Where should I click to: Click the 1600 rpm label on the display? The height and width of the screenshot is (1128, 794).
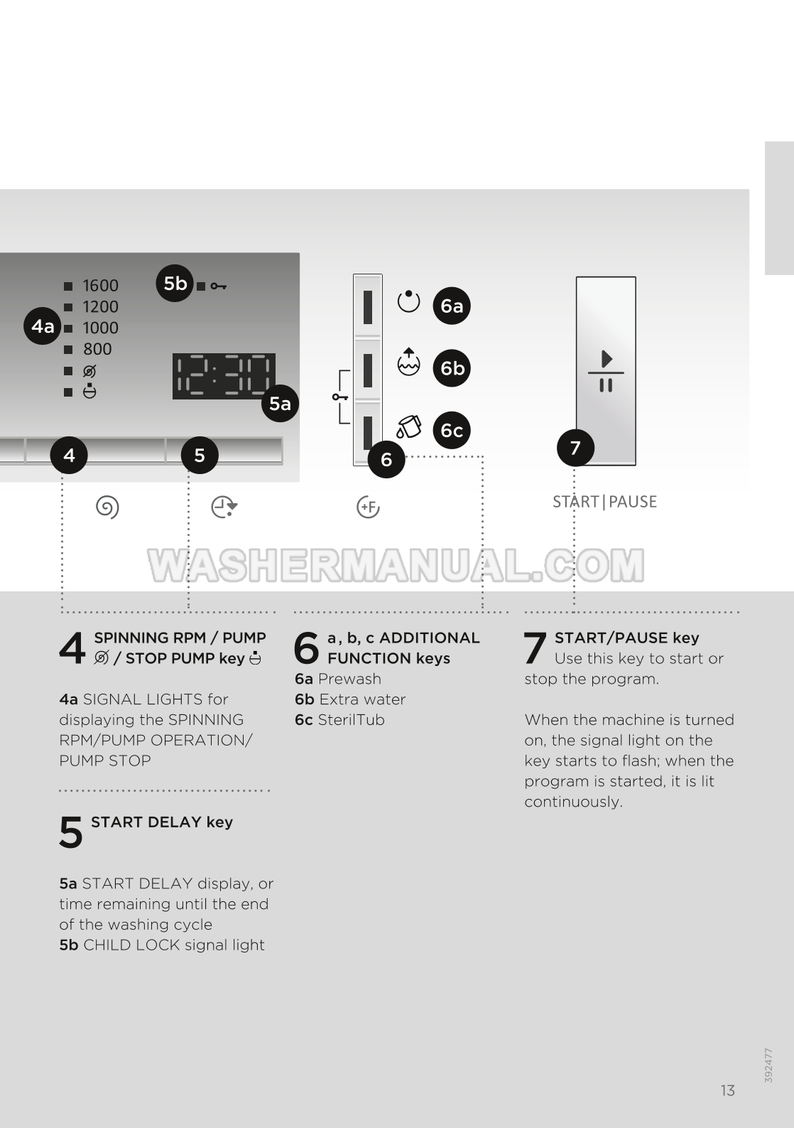pyautogui.click(x=100, y=286)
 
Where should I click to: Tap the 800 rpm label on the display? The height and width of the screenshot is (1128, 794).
pyautogui.click(x=97, y=349)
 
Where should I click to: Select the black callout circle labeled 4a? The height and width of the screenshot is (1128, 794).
pyautogui.click(x=43, y=326)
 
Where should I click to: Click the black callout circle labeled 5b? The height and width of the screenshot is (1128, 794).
pyautogui.click(x=175, y=283)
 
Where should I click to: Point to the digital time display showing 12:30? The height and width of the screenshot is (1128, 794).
pyautogui.click(x=224, y=376)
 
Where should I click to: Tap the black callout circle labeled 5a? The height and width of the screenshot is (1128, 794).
pyautogui.click(x=280, y=403)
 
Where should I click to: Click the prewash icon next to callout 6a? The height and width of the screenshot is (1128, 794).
pyautogui.click(x=408, y=301)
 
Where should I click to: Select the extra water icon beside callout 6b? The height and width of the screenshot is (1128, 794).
pyautogui.click(x=408, y=362)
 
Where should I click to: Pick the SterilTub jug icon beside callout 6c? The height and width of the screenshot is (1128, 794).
pyautogui.click(x=408, y=426)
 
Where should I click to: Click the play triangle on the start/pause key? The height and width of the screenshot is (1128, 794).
pyautogui.click(x=607, y=359)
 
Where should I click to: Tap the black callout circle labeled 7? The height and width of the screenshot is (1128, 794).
pyautogui.click(x=576, y=448)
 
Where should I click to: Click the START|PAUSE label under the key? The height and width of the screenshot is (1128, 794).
pyautogui.click(x=605, y=502)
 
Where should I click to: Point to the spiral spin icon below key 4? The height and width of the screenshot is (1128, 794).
pyautogui.click(x=107, y=507)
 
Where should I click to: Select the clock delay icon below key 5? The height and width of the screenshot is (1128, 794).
pyautogui.click(x=224, y=507)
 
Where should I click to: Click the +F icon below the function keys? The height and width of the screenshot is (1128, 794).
pyautogui.click(x=368, y=507)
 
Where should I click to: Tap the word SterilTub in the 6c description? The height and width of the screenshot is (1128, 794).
pyautogui.click(x=352, y=719)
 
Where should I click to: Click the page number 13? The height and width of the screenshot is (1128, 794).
pyautogui.click(x=727, y=1090)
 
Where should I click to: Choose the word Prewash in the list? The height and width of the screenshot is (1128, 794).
pyautogui.click(x=349, y=679)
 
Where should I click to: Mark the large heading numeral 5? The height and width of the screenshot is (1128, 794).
pyautogui.click(x=70, y=832)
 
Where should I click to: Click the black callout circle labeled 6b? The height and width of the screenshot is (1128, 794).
pyautogui.click(x=452, y=368)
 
